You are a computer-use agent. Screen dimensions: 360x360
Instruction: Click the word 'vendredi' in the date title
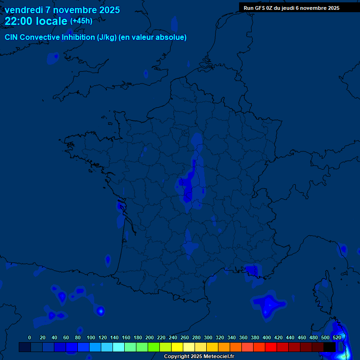(x=23, y=10)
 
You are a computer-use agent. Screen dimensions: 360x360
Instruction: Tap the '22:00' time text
(x=19, y=21)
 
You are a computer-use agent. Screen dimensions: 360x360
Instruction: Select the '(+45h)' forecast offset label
(x=81, y=21)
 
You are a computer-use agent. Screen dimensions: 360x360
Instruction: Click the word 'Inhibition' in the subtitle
(x=77, y=37)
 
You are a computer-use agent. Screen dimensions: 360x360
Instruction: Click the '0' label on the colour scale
(x=30, y=337)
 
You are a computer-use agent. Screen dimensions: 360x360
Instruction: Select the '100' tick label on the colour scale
(x=91, y=337)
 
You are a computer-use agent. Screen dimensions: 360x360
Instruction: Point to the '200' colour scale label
(x=150, y=337)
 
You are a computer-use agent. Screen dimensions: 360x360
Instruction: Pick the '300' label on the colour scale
(x=208, y=337)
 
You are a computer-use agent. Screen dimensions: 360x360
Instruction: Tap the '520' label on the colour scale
(x=337, y=337)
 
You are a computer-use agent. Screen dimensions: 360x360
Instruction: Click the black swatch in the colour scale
(x=330, y=347)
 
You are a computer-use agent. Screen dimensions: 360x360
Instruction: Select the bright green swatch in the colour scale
(x=154, y=347)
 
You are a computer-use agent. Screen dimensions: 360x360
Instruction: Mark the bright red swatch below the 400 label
(x=271, y=347)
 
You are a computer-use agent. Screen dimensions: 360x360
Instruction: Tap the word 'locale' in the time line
(x=51, y=21)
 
